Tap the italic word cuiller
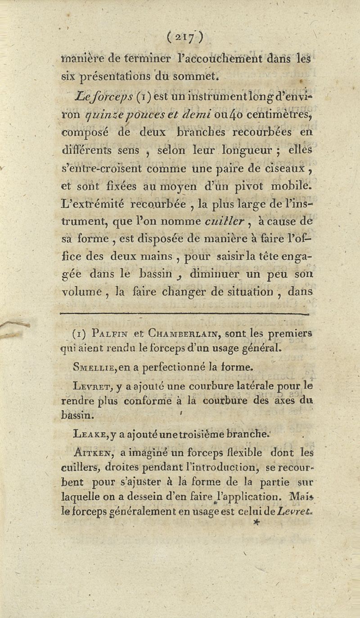click(x=224, y=221)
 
